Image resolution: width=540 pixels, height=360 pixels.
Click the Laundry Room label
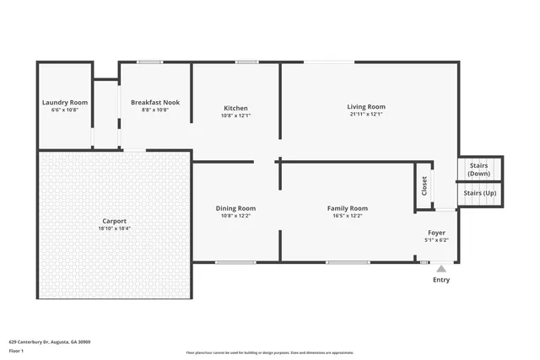(x=65, y=103)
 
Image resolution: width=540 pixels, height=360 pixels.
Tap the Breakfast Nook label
(x=155, y=103)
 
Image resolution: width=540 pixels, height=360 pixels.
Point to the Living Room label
(x=365, y=106)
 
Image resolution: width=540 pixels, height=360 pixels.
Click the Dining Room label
(x=235, y=207)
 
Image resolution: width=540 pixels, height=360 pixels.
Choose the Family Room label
(x=348, y=207)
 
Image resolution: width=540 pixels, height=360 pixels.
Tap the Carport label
(x=114, y=220)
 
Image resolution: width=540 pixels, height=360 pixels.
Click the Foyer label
(x=436, y=232)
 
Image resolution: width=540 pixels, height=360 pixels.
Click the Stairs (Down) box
(x=480, y=169)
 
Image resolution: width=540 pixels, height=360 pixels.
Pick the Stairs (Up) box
(x=480, y=193)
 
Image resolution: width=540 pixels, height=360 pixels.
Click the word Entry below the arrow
(x=440, y=280)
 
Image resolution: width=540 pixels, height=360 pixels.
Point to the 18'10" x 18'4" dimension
(x=114, y=228)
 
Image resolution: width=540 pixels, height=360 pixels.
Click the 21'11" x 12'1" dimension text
(x=365, y=115)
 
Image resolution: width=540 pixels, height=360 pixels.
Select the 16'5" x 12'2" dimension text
(x=348, y=216)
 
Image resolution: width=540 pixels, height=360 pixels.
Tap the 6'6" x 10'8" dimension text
(x=65, y=110)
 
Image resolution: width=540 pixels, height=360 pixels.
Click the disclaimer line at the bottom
(x=270, y=352)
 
